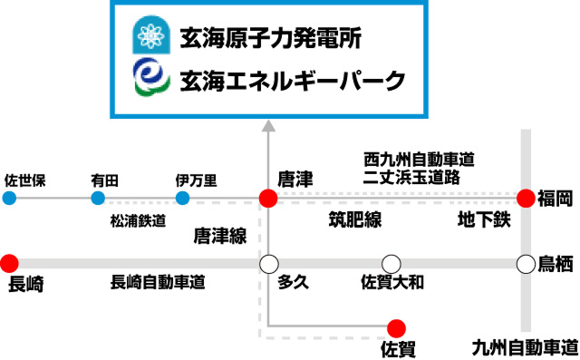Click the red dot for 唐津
[268, 198]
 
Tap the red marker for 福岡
[526, 198]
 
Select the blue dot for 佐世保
[9, 198]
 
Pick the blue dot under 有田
[98, 198]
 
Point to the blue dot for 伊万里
[182, 198]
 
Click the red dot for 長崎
[9, 264]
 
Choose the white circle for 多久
[268, 264]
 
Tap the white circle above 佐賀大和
[391, 264]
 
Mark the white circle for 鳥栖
[526, 264]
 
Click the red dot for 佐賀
[397, 328]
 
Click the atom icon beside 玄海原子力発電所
[151, 34]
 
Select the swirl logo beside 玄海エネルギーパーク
[151, 77]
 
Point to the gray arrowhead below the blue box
[268, 126]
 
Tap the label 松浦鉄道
[138, 221]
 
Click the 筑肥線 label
[355, 219]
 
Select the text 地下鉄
[484, 219]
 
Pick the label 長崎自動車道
[158, 282]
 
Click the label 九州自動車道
[526, 348]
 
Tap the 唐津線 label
[220, 236]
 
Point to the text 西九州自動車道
[419, 160]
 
